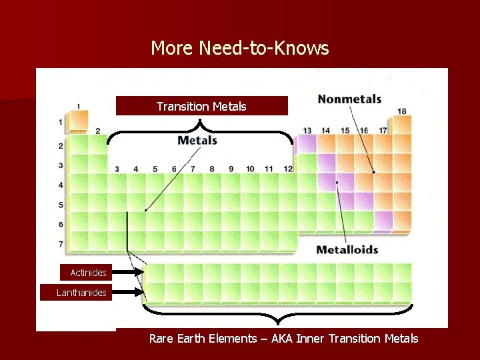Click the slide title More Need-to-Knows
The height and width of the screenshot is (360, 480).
[x=240, y=48]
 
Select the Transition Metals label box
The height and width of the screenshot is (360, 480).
[x=201, y=106]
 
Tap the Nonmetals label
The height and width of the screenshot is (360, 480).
[x=349, y=99]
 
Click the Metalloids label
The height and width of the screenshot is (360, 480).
[x=347, y=250]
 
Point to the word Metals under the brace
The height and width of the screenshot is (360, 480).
[x=197, y=140]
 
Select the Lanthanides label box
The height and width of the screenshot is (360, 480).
[x=81, y=293]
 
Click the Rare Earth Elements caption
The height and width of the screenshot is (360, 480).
[x=283, y=339]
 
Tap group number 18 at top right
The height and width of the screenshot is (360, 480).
[x=402, y=111]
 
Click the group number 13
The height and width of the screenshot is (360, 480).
[x=307, y=131]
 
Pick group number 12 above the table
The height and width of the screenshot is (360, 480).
[x=288, y=169]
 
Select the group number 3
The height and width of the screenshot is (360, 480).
[x=117, y=169]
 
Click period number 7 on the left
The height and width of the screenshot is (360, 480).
[x=61, y=244]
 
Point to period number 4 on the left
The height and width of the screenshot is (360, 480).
[x=61, y=185]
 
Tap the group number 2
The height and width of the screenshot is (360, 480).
[x=97, y=131]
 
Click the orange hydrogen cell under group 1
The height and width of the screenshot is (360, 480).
[x=78, y=122]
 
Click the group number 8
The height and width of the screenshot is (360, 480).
[x=212, y=169]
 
